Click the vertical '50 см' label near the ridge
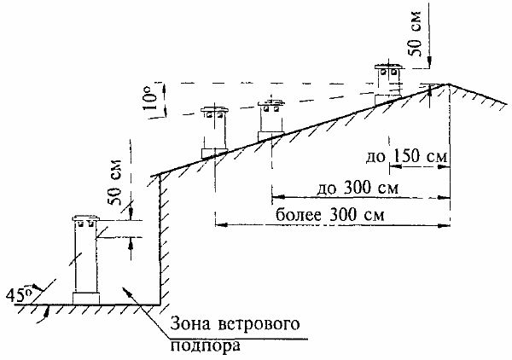pos(416,39)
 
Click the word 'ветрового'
pos(257,325)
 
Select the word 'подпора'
pos(201,346)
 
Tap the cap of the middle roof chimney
pos(271,104)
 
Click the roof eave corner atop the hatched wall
pos(160,176)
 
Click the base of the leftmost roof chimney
pos(213,152)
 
